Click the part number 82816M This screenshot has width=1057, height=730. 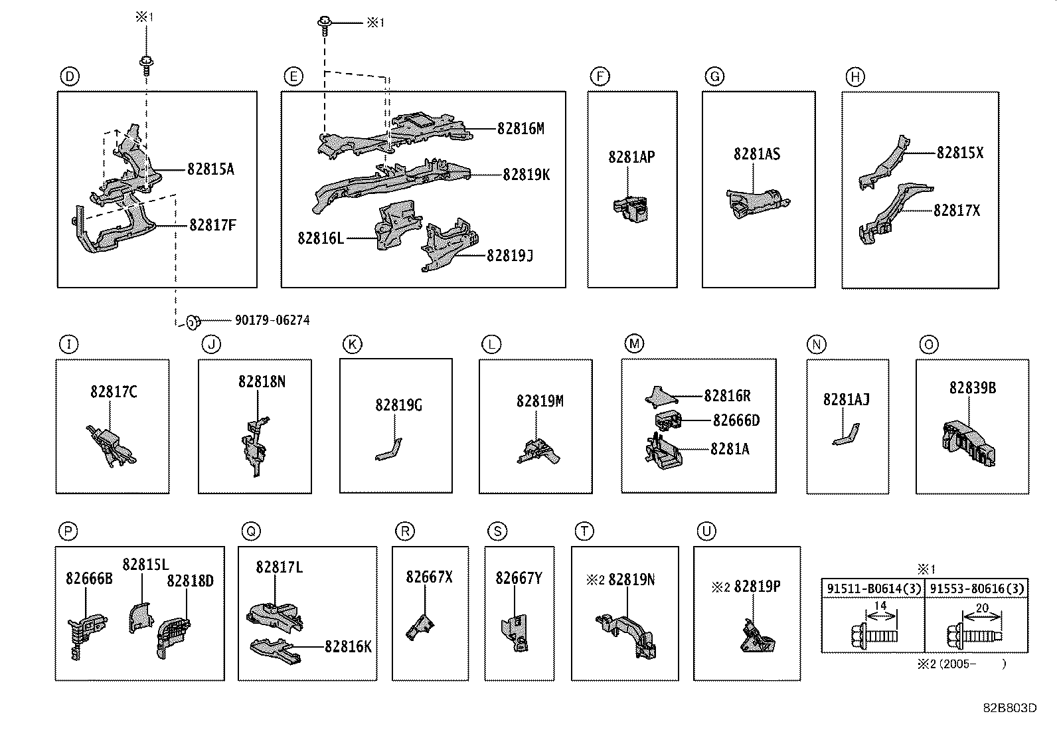[x=521, y=129]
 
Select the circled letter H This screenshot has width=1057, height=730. [x=855, y=77]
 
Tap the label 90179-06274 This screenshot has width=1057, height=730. [x=272, y=320]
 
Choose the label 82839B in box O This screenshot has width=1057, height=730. [x=972, y=388]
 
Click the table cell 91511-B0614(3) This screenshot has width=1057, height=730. [x=873, y=588]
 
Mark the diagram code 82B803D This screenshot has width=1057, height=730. [x=1010, y=707]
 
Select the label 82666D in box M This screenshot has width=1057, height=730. [x=736, y=420]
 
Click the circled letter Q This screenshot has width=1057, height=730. [x=251, y=531]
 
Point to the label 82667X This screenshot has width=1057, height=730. [x=429, y=577]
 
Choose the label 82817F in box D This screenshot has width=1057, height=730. [x=212, y=225]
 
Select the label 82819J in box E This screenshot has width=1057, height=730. [x=510, y=256]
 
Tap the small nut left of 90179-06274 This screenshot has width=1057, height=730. [x=191, y=322]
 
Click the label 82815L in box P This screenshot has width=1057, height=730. [x=145, y=565]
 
